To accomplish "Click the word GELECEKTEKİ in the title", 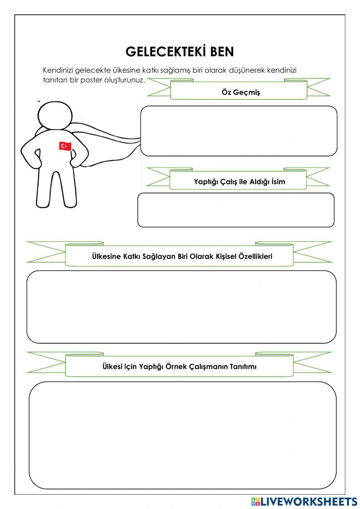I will pyautogui.click(x=165, y=52).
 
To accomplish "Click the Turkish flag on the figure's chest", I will pyautogui.click(x=65, y=146).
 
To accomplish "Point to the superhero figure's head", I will pyautogui.click(x=54, y=115).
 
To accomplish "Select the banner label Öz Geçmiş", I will pyautogui.click(x=240, y=92).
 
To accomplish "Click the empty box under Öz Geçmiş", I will pyautogui.click(x=239, y=131).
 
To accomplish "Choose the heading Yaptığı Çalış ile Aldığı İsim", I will pyautogui.click(x=239, y=182).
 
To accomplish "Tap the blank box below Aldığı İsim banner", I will pyautogui.click(x=236, y=210).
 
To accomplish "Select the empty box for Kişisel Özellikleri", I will pyautogui.click(x=181, y=307).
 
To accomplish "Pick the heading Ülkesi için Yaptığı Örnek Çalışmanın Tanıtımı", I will pyautogui.click(x=179, y=367).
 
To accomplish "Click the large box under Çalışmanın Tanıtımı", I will pyautogui.click(x=183, y=435).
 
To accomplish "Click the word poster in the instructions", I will pyautogui.click(x=91, y=80).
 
